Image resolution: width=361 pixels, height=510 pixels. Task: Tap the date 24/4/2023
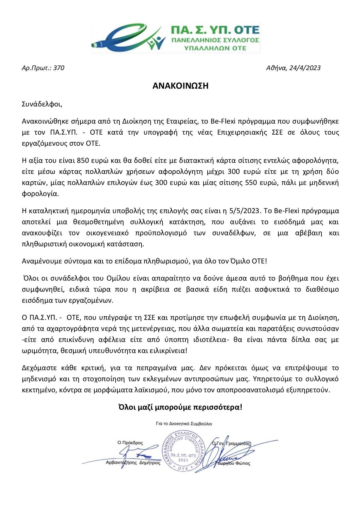pyautogui.click(x=305, y=68)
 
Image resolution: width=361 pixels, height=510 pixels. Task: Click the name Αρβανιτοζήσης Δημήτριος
pyautogui.click(x=133, y=463)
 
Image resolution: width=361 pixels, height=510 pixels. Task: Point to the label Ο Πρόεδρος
pyautogui.click(x=130, y=443)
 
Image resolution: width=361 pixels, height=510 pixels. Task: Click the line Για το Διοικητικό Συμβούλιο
pyautogui.click(x=184, y=424)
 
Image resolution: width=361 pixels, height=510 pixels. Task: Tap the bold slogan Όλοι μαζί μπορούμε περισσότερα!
pyautogui.click(x=180, y=407)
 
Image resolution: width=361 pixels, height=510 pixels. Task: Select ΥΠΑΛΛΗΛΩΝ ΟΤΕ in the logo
pyautogui.click(x=215, y=48)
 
